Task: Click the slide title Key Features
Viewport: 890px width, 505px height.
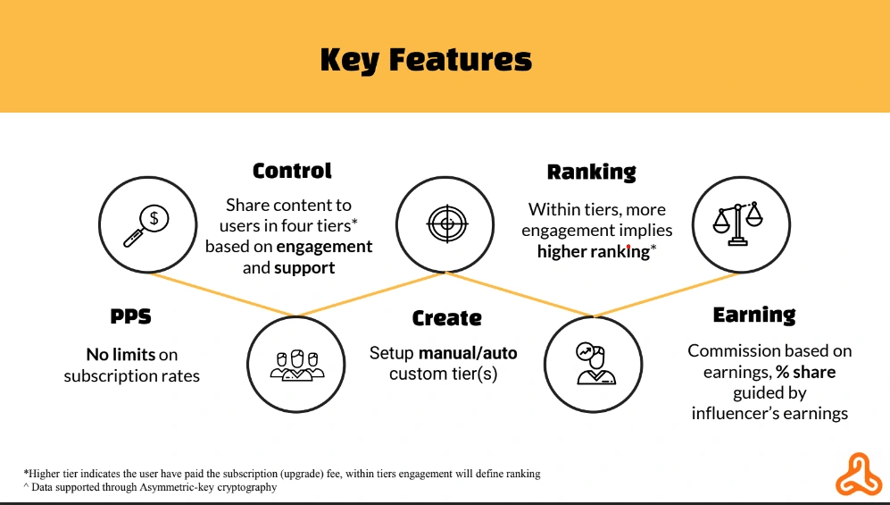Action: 427,60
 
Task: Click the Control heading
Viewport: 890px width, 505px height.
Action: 292,171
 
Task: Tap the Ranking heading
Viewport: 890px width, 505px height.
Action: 592,173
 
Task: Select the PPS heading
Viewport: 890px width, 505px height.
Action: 130,316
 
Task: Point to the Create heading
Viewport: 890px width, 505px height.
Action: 446,318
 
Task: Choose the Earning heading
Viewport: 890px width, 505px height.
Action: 754,316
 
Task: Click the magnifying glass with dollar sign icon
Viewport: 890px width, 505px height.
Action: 147,225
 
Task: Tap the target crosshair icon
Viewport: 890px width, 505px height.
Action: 447,223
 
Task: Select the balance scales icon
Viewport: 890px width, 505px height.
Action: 738,223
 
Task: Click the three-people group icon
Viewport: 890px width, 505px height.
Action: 297,365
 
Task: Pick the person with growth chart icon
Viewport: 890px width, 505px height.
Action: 594,364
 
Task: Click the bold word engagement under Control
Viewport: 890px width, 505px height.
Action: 324,247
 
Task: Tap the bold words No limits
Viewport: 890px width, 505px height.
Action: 121,355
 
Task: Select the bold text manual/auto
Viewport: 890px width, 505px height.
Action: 468,353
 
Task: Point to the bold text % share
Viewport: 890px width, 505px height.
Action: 806,372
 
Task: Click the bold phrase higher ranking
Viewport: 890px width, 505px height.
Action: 593,252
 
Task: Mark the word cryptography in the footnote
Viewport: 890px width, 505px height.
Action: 247,487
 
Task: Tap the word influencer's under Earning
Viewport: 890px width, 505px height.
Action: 731,414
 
